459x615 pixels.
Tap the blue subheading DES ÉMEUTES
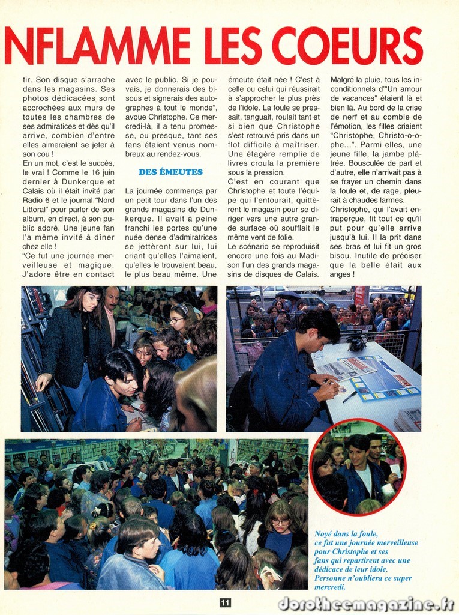(171, 172)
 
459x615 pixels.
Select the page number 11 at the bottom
(225, 602)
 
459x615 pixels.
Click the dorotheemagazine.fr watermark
(365, 604)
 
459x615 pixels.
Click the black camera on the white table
(358, 342)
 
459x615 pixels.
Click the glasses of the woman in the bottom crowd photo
(280, 522)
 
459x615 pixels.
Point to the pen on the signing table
(349, 396)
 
